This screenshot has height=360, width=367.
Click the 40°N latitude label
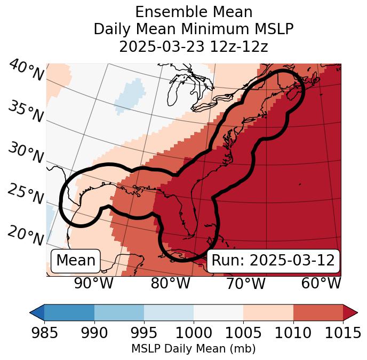(x=26, y=71)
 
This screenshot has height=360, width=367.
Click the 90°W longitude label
(x=94, y=284)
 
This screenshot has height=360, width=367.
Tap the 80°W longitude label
(x=170, y=284)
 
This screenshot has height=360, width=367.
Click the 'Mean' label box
(x=76, y=261)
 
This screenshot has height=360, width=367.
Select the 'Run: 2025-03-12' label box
(x=273, y=261)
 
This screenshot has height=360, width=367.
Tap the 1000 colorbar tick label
(x=194, y=333)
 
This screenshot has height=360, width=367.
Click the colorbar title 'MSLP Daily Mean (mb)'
(x=193, y=349)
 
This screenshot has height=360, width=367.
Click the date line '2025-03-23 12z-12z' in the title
(x=193, y=46)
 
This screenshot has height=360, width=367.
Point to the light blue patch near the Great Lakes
(x=131, y=93)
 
